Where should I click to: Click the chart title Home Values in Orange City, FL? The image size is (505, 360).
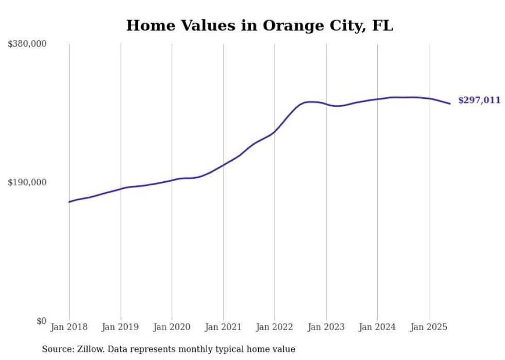coord(259,25)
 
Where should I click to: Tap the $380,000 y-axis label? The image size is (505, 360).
coord(27,44)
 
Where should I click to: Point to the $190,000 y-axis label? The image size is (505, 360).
coord(27,182)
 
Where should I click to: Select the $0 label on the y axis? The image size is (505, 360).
coord(41,321)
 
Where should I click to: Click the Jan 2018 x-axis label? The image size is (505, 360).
coord(69,327)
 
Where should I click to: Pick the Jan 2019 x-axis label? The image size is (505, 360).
coord(121,327)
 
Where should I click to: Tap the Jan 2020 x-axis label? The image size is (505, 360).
coord(172,327)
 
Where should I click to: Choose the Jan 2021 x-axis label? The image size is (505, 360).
coord(223,327)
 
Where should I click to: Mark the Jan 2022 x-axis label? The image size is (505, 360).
coord(275,327)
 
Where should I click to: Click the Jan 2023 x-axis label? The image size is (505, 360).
coord(326,327)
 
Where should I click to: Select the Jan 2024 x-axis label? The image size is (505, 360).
coord(377,327)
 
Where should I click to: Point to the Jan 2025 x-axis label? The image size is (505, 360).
coord(429,327)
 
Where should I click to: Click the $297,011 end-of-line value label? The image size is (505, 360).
coord(479,100)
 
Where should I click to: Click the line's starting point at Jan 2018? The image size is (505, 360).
coord(69,202)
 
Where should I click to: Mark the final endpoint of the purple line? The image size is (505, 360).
coord(450,104)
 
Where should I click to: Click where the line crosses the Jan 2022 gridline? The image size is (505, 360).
coord(275,131)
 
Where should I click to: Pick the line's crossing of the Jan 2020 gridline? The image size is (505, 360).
coord(172,180)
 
